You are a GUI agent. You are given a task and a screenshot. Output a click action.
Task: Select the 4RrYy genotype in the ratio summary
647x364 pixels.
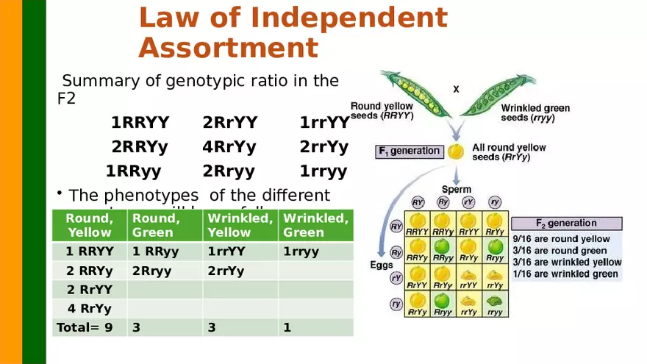pyautogui.click(x=229, y=146)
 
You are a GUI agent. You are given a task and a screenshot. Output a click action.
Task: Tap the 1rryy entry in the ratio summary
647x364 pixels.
pyautogui.click(x=323, y=171)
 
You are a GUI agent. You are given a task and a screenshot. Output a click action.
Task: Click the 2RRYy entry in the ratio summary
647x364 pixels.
pyautogui.click(x=140, y=146)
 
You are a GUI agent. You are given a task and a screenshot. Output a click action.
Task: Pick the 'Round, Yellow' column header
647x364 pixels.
pyautogui.click(x=89, y=225)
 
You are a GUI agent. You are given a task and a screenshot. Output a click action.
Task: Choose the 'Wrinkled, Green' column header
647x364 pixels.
pyautogui.click(x=315, y=225)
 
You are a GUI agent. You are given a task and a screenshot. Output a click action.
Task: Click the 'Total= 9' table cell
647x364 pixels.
pyautogui.click(x=85, y=327)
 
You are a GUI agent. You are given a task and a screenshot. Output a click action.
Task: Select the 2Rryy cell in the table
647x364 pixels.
pyautogui.click(x=151, y=270)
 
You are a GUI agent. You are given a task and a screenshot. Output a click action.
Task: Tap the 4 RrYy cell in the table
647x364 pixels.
pyautogui.click(x=89, y=308)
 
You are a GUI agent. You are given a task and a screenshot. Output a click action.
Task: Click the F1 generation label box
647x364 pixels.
pyautogui.click(x=409, y=151)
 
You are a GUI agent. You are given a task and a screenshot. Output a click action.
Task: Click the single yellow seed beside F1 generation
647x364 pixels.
pyautogui.click(x=457, y=152)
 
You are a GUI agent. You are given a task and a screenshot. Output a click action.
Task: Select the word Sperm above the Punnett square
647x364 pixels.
pyautogui.click(x=456, y=189)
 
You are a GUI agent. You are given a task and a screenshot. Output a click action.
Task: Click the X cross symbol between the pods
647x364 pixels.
pyautogui.click(x=456, y=89)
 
